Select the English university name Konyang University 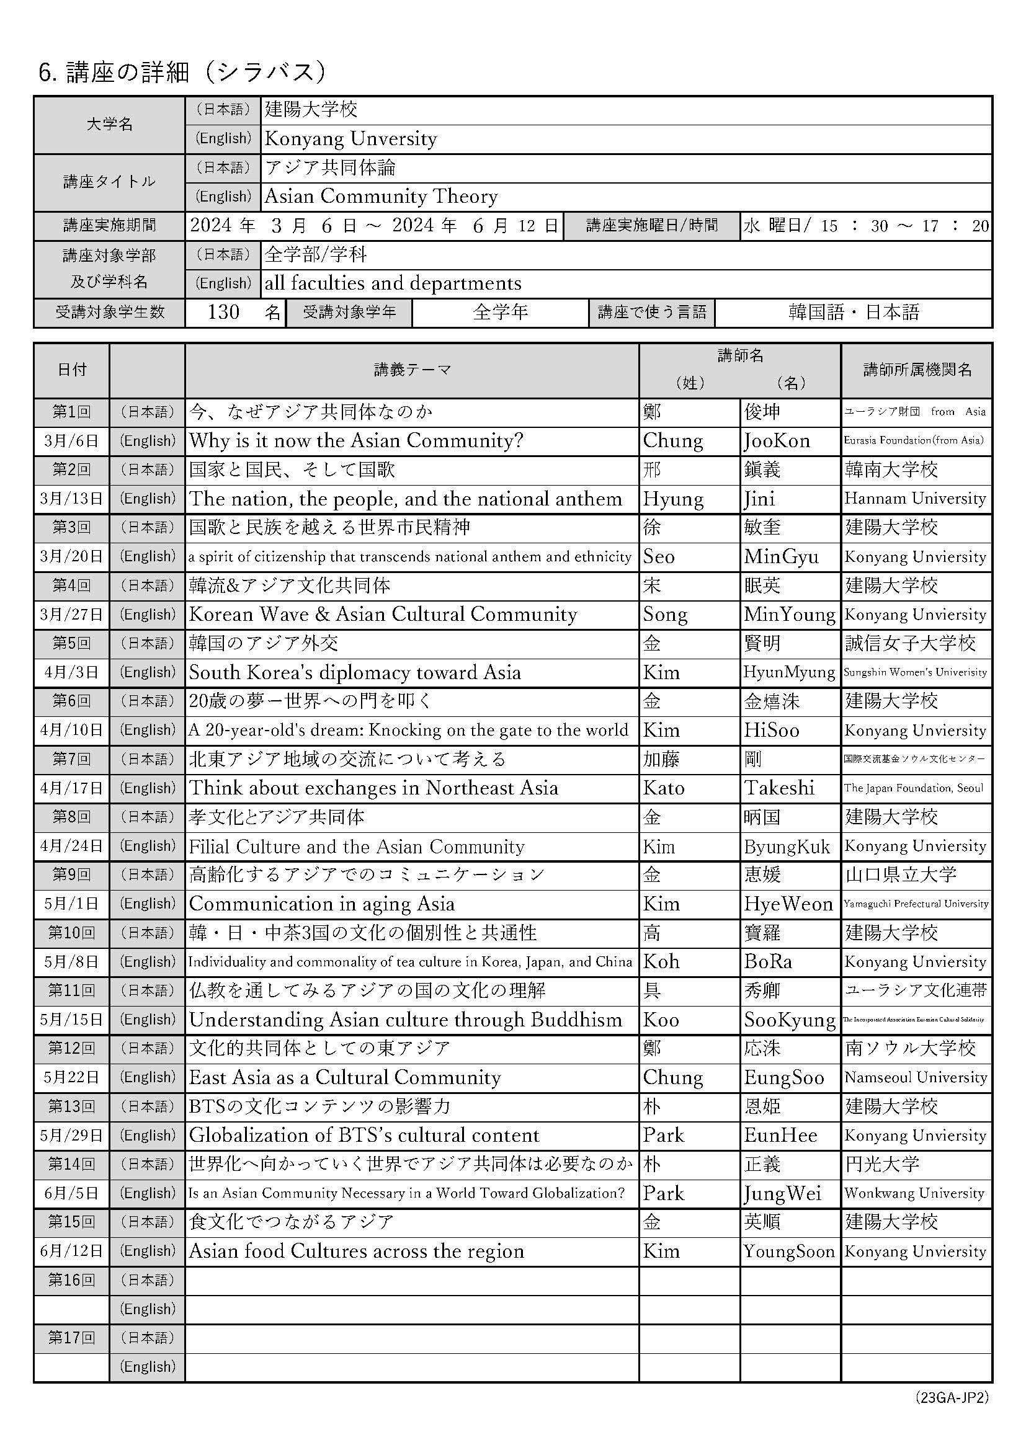point(350,138)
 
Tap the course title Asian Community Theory point(381,197)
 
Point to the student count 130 point(223,312)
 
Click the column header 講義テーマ point(412,370)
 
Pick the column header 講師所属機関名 point(917,370)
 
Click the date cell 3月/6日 point(71,441)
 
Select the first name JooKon point(777,441)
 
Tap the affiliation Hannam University point(915,499)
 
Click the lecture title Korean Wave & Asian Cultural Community point(383,615)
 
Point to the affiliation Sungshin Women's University point(915,672)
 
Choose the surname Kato point(663,788)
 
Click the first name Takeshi point(779,788)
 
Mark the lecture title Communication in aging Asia point(321,904)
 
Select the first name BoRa point(767,962)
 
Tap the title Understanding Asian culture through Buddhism point(405,1020)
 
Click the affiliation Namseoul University point(916,1077)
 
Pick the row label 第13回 point(71,1106)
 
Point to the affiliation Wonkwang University point(914,1194)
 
